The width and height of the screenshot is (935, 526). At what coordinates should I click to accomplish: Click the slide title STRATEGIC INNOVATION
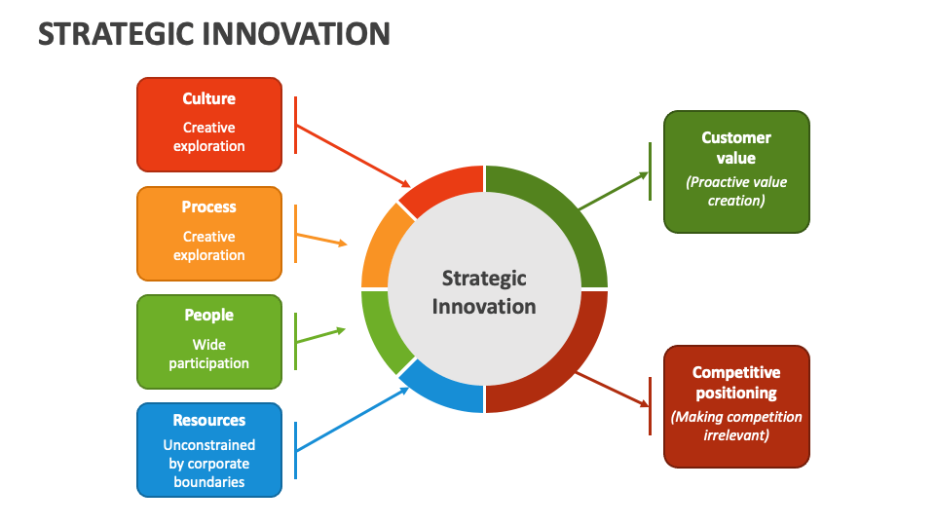214,33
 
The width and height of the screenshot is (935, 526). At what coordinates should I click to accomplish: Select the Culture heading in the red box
209,98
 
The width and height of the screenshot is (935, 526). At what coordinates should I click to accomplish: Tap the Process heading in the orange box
209,207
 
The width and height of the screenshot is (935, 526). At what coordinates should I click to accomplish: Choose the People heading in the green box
209,315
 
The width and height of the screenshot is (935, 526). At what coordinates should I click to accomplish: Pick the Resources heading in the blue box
209,420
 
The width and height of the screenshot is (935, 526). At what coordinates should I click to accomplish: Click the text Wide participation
209,354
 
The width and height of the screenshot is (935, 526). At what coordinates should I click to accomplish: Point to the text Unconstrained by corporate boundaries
209,464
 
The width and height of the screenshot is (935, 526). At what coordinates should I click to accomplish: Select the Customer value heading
736,147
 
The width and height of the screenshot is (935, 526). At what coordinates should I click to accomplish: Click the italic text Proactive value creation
736,191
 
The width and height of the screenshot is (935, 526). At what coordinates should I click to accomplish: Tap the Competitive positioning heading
736,383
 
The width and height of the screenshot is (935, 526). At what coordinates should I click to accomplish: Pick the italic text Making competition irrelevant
736,426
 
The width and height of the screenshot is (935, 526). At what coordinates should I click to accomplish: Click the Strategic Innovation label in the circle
484,292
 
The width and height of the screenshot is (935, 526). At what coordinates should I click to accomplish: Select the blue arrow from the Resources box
351,419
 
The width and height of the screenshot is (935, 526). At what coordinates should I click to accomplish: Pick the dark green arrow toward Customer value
614,191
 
